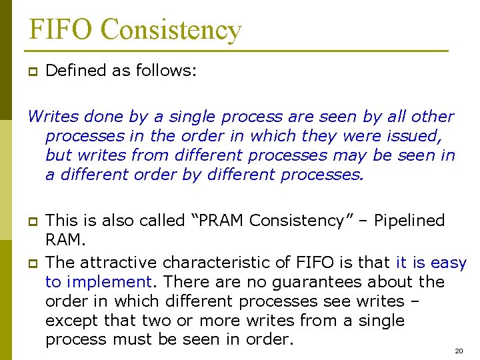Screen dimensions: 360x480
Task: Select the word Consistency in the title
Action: click(x=171, y=29)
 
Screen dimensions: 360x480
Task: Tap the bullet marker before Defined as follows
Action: click(x=31, y=72)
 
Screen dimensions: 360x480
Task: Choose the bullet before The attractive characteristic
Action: click(x=31, y=263)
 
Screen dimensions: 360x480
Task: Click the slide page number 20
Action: click(x=458, y=351)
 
